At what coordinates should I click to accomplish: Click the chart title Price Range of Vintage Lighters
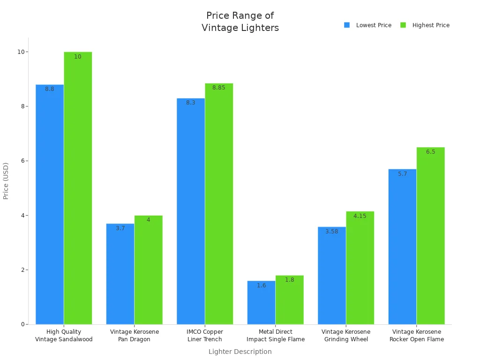(240, 22)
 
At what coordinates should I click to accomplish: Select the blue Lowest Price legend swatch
(347, 25)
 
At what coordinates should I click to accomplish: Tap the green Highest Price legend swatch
(403, 25)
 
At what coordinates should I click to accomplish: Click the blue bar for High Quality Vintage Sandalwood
(50, 206)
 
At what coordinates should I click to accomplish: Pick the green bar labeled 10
(78, 187)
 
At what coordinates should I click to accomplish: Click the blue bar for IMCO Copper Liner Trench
(191, 211)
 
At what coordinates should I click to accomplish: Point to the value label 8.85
(219, 88)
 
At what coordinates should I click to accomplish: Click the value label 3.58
(332, 232)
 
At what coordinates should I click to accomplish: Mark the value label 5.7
(403, 174)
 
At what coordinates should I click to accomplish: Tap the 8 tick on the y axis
(22, 106)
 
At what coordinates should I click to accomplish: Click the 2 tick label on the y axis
(22, 270)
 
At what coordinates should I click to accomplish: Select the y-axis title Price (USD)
(6, 181)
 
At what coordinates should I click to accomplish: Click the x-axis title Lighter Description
(240, 352)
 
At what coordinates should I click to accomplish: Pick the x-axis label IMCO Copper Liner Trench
(205, 336)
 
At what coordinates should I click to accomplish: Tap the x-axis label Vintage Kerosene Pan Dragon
(135, 336)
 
